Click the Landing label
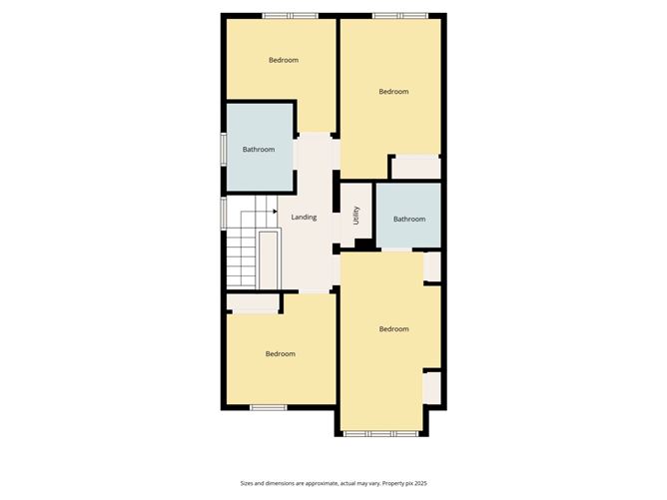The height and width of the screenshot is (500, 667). click(304, 218)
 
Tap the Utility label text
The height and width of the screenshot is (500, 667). click(356, 216)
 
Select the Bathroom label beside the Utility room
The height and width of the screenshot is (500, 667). click(409, 219)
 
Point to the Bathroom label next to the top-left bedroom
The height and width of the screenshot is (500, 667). click(259, 150)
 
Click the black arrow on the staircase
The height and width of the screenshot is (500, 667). click(275, 211)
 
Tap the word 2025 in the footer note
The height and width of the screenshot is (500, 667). click(420, 483)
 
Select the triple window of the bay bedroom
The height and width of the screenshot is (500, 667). click(381, 434)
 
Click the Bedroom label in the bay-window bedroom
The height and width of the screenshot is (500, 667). click(393, 329)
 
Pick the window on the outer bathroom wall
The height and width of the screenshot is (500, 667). click(224, 150)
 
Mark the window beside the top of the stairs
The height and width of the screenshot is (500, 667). click(224, 214)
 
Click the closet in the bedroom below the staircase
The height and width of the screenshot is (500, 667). click(253, 303)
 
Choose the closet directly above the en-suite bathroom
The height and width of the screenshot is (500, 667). click(415, 168)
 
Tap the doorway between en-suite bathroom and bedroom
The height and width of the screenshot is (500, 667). click(396, 250)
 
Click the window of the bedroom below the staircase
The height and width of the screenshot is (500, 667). click(269, 408)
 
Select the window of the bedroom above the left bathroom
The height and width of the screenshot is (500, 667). click(291, 16)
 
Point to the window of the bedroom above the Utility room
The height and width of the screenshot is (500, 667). click(400, 16)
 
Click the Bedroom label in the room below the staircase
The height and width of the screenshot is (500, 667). click(281, 354)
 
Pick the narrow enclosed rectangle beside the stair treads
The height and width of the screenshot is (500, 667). click(269, 260)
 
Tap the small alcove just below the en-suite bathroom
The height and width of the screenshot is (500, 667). click(432, 266)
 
